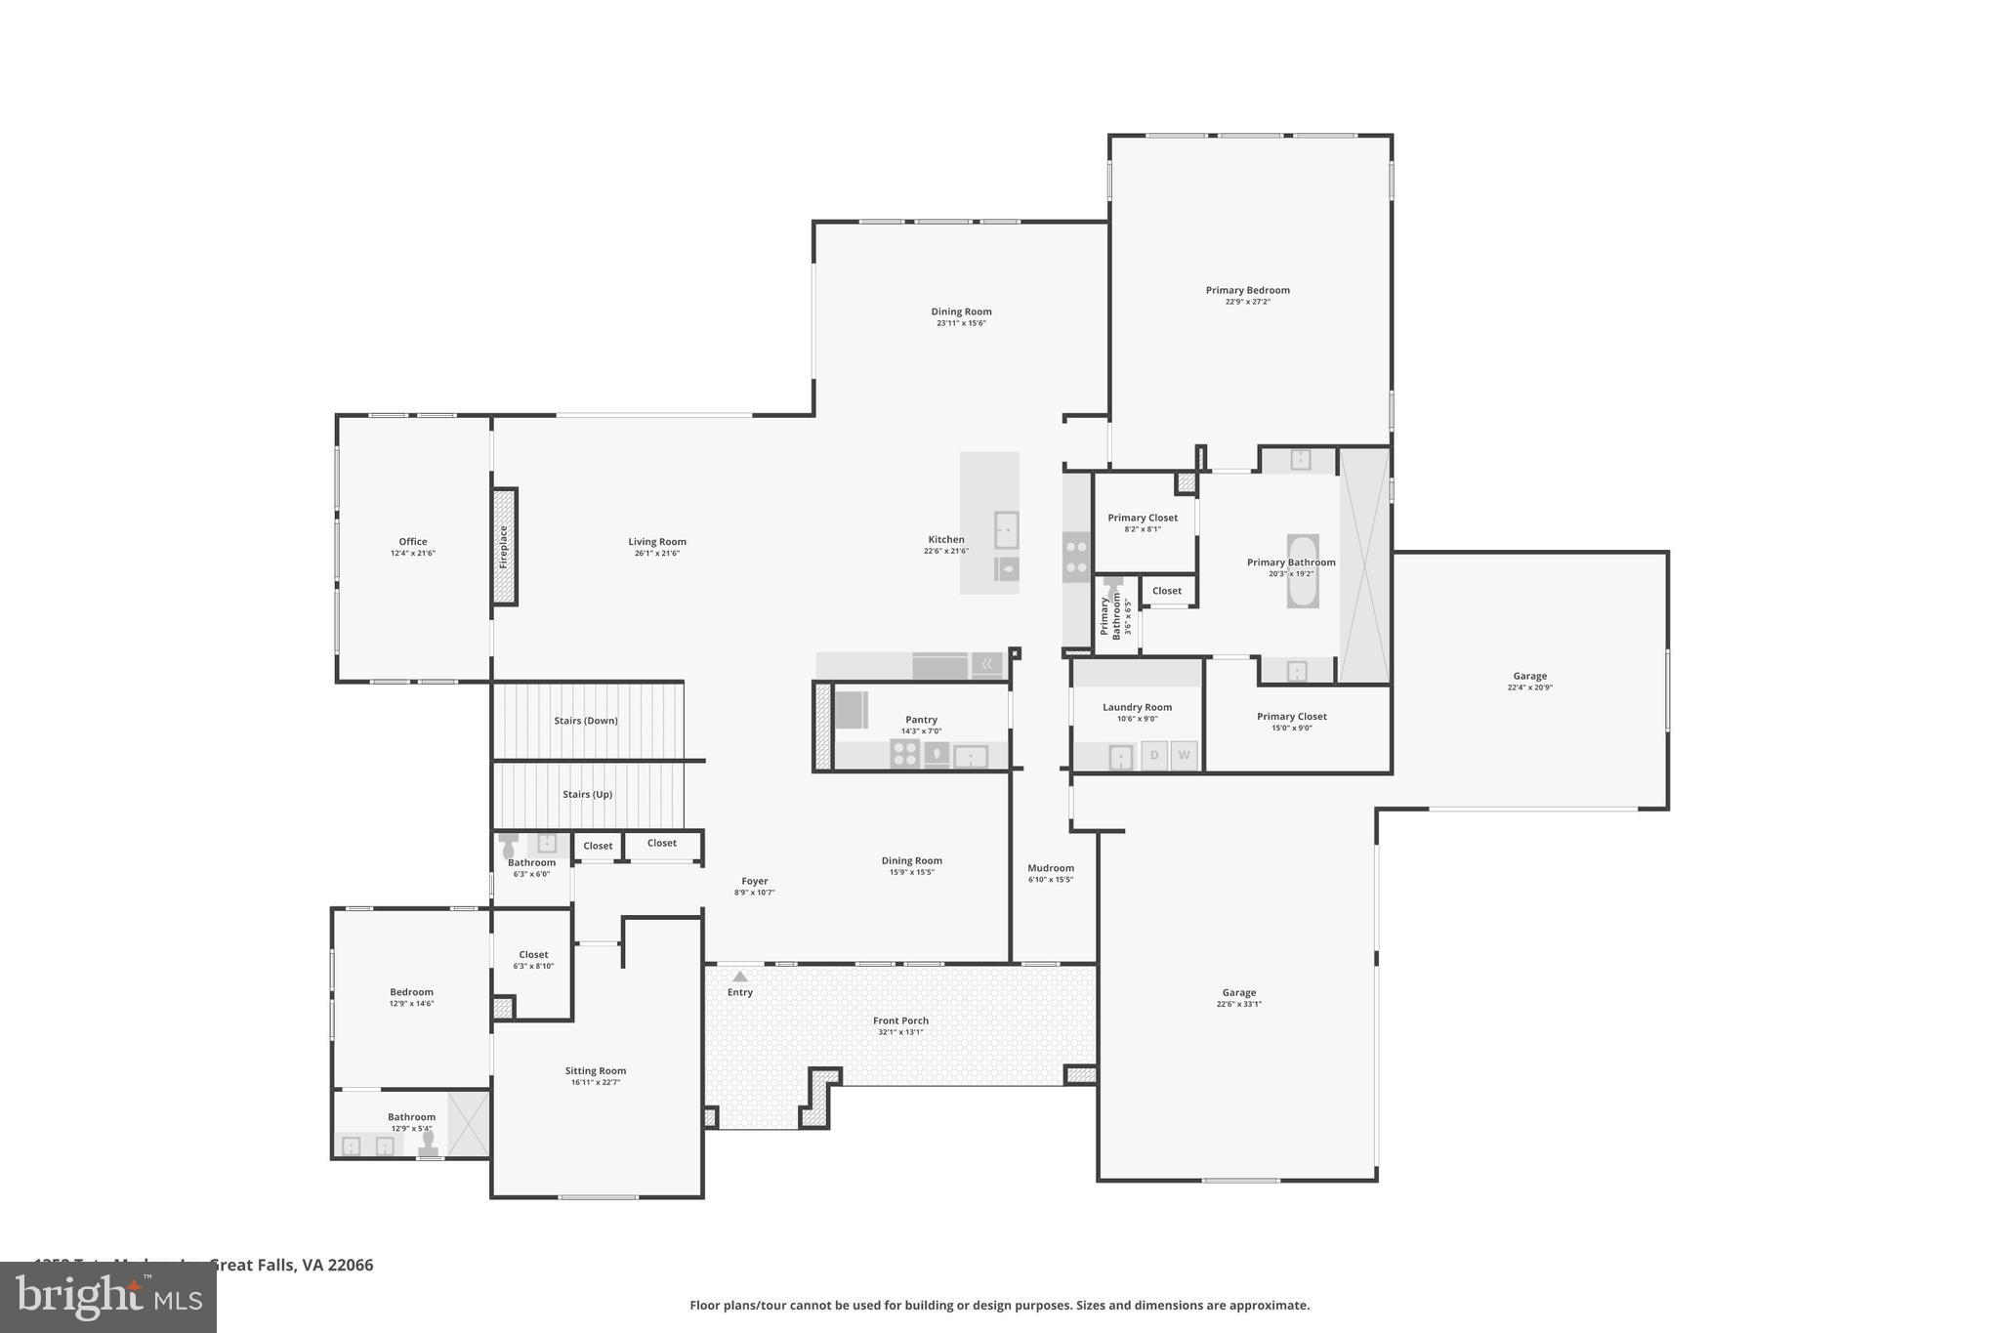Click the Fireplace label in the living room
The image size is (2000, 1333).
[x=504, y=547]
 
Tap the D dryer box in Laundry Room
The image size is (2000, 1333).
[x=1154, y=755]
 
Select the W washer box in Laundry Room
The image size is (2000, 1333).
[x=1184, y=755]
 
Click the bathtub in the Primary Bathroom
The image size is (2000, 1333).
[x=1303, y=571]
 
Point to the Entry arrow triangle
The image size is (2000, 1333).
[x=740, y=976]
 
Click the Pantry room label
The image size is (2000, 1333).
[x=921, y=720]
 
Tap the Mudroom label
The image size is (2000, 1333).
[x=1051, y=868]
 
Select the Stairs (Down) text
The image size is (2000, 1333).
[x=586, y=721]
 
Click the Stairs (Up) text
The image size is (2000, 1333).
[x=588, y=794]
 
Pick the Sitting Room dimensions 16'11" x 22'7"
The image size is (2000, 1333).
[x=596, y=1082]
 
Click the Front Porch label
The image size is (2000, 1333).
[x=900, y=1021]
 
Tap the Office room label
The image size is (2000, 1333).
[x=413, y=542]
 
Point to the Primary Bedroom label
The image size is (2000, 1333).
[x=1248, y=290]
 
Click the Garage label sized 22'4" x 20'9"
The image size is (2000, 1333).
[x=1530, y=676]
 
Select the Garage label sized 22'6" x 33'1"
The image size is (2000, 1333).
[x=1239, y=992]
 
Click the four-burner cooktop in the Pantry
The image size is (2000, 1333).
[x=905, y=754]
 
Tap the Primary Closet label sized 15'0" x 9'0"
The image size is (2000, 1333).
[x=1292, y=717]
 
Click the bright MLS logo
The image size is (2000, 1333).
[x=108, y=1297]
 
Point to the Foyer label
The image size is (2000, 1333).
[x=755, y=881]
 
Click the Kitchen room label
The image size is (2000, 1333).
[x=946, y=539]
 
